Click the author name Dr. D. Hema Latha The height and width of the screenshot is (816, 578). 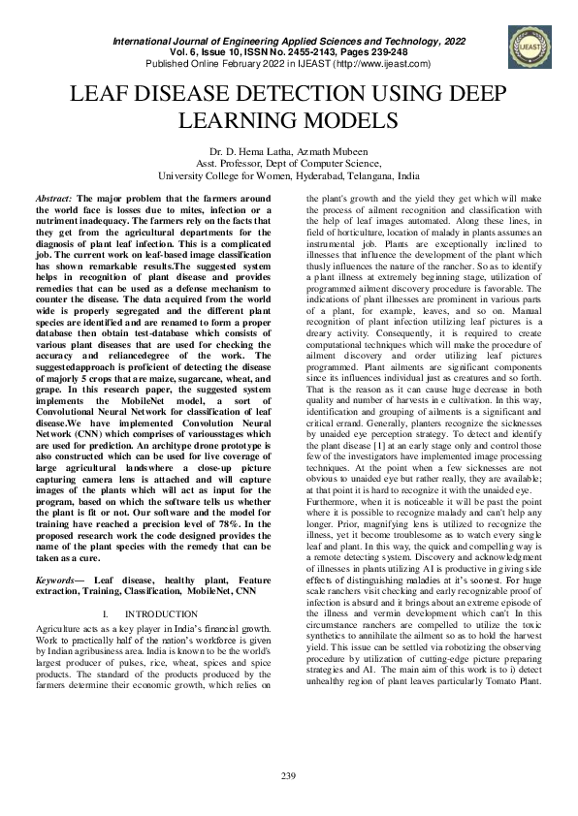[x=248, y=152]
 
